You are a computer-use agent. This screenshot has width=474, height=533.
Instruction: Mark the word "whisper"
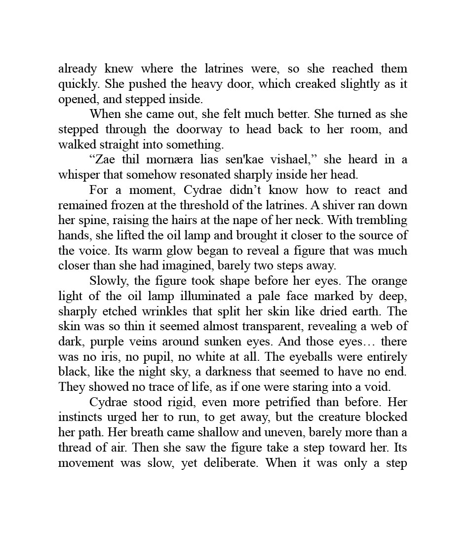click(x=77, y=175)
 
